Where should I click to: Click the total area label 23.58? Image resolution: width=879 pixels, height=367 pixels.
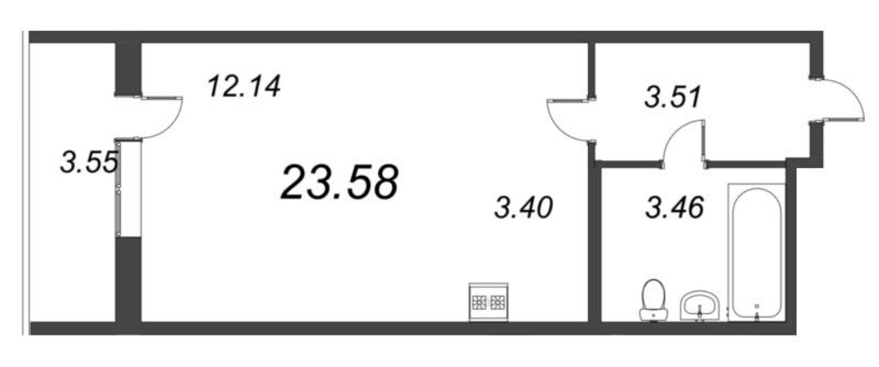click(x=340, y=182)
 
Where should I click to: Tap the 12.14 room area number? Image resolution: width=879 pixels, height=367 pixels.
click(x=244, y=86)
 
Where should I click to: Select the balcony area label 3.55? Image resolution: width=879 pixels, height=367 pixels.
click(x=89, y=162)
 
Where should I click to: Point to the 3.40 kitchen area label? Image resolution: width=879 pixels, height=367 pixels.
click(x=523, y=207)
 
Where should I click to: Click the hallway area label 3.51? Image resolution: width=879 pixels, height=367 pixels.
click(x=672, y=97)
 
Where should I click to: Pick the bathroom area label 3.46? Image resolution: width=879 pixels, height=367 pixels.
click(x=675, y=207)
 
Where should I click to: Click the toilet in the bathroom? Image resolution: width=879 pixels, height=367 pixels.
click(x=654, y=301)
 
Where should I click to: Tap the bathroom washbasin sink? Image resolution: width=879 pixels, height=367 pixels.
click(x=700, y=306)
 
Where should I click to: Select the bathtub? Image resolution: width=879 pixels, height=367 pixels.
click(x=757, y=252)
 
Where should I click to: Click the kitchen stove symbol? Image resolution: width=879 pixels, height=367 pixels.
click(x=489, y=302)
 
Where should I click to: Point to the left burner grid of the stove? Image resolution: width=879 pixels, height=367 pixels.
click(x=479, y=302)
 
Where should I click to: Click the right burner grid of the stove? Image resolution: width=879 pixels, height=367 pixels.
click(x=498, y=302)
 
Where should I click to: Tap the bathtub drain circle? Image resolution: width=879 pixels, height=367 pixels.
click(x=757, y=306)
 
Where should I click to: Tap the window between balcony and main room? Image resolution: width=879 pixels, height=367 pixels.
click(x=128, y=188)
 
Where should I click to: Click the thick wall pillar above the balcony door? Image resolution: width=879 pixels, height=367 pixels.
click(x=127, y=69)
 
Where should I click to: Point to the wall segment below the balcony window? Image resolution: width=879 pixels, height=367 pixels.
click(x=128, y=279)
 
